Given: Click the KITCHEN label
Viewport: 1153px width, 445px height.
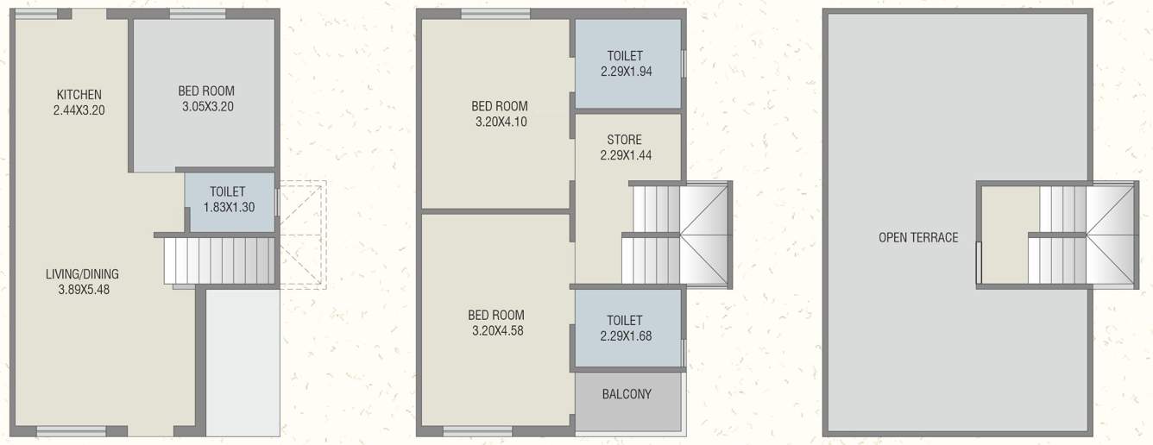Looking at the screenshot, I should tap(79, 94).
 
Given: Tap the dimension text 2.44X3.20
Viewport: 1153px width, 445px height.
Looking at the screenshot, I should tap(79, 110).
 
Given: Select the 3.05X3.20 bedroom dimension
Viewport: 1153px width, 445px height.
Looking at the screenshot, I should tap(206, 107).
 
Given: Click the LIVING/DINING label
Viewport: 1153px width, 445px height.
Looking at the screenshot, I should tap(82, 274).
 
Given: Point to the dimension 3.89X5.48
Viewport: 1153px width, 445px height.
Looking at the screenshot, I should tap(82, 290).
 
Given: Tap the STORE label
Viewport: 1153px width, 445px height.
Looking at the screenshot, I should tap(624, 140).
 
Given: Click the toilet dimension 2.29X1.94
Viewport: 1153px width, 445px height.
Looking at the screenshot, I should tap(626, 72).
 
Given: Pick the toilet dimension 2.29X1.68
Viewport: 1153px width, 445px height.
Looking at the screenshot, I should tap(626, 335).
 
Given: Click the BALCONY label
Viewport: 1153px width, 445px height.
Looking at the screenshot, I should tap(627, 394).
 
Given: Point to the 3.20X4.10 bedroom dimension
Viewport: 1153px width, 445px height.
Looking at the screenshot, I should tap(501, 122).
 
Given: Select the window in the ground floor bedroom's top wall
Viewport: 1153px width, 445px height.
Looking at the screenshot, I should tap(198, 14).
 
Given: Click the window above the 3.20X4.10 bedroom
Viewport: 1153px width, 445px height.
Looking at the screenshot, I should tap(495, 13).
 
